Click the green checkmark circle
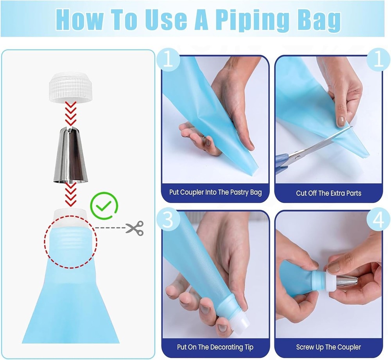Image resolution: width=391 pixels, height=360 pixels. [x=104, y=206]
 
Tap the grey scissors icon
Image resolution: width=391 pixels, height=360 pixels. [x=135, y=228]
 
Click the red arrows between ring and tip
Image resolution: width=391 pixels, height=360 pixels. [x=70, y=114]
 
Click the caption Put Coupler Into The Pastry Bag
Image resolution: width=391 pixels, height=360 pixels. [x=215, y=192]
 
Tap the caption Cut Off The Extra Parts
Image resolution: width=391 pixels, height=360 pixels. [x=329, y=193]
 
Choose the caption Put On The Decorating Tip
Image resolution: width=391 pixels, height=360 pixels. [x=215, y=347]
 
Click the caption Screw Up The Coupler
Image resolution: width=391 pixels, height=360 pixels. [x=329, y=347]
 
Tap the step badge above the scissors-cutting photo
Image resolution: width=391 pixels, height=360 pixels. [x=378, y=60]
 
